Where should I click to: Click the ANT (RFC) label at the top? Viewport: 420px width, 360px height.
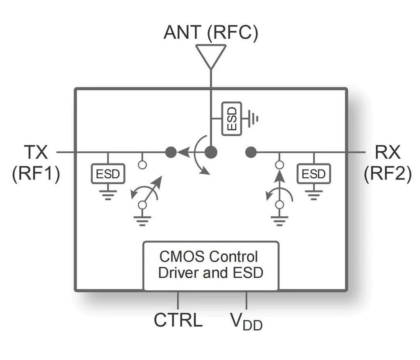[211, 32]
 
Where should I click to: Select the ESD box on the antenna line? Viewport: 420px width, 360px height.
[231, 119]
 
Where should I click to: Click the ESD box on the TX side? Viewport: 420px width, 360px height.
[108, 174]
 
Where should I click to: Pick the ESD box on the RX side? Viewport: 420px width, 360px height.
[314, 174]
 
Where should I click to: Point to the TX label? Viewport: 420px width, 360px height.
[36, 153]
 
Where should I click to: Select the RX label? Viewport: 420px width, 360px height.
[387, 153]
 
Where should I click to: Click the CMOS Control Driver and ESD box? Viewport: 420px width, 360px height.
[211, 266]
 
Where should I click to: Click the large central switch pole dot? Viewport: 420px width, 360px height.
[211, 152]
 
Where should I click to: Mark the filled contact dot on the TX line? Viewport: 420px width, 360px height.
[171, 152]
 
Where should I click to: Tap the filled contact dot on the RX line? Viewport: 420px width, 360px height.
[251, 152]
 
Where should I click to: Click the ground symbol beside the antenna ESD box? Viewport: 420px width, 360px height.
[255, 119]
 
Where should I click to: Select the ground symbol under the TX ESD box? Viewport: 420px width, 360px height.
[108, 194]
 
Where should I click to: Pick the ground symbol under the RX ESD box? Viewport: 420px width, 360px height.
[314, 194]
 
